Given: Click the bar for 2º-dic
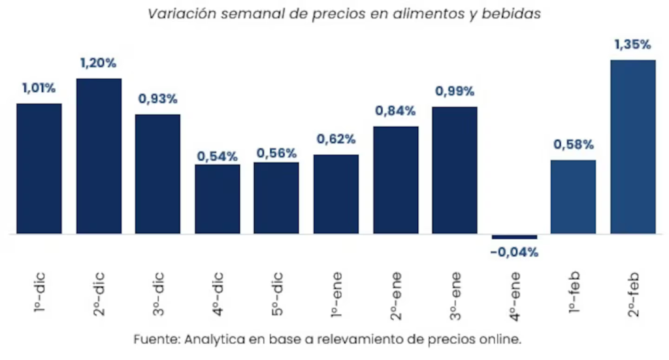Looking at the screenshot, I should click(x=99, y=156).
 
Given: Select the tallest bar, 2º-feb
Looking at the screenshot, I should click(x=632, y=147).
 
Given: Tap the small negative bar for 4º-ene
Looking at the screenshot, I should click(x=514, y=237).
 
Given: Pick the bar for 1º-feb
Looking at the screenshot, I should click(x=573, y=197).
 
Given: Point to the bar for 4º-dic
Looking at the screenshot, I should click(x=218, y=199).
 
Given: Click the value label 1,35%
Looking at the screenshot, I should click(x=632, y=45).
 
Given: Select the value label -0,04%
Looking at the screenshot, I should click(x=515, y=252).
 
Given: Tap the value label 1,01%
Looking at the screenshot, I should click(x=39, y=88).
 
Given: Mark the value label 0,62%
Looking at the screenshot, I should click(x=336, y=139).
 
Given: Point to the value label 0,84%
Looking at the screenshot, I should click(x=395, y=111).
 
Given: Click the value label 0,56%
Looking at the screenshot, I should click(x=276, y=153).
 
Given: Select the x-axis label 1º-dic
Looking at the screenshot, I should click(x=40, y=290).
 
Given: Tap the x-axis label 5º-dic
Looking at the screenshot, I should click(x=276, y=290).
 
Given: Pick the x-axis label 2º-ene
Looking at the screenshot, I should click(x=395, y=290).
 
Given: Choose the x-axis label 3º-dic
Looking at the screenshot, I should click(x=158, y=290).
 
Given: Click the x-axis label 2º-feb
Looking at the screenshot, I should click(x=632, y=290).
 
